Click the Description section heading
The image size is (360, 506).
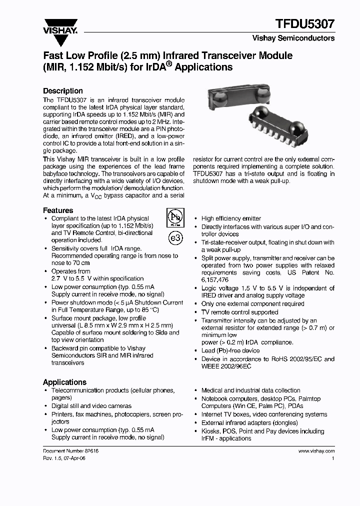[63, 91]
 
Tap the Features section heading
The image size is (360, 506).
[58, 210]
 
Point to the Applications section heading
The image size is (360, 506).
[64, 382]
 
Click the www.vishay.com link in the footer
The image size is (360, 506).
[316, 450]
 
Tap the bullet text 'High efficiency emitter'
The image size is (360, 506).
[231, 218]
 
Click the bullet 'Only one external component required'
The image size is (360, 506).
[252, 303]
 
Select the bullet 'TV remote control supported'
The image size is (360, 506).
[239, 312]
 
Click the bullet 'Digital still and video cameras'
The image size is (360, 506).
[91, 406]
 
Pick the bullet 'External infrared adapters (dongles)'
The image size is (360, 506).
[249, 422]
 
